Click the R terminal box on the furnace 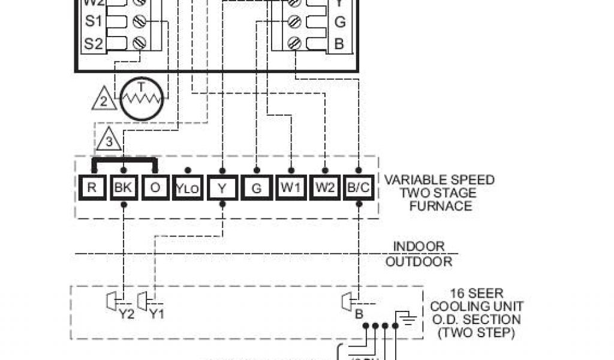pos(92,187)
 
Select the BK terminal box pos(123,187)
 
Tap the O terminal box pos(156,187)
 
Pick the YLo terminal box pos(188,188)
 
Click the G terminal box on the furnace pos(257,188)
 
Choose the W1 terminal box pos(291,187)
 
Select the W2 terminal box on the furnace pos(325,187)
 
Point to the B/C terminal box pos(359,187)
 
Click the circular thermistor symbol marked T pos(142,99)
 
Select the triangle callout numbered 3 pos(109,142)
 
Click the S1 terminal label pos(94,22)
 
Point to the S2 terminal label pos(94,43)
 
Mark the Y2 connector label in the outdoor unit pos(127,313)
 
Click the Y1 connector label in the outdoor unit pos(156,313)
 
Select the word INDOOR pos(419,247)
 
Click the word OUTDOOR pos(419,262)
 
